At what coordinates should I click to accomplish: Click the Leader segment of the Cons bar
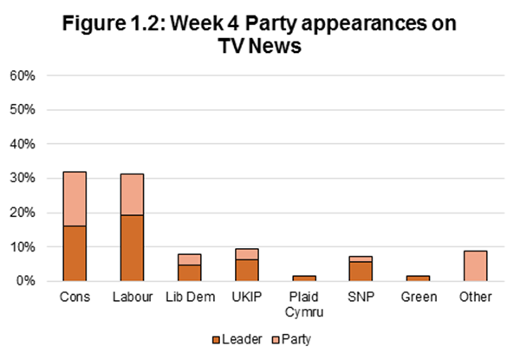75,253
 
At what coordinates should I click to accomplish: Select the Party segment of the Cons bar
75,199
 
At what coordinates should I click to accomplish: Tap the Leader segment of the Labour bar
132,248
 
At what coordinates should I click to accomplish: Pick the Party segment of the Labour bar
132,194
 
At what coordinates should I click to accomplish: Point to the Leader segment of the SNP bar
361,272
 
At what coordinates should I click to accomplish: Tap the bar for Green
418,278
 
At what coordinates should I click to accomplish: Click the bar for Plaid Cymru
303,278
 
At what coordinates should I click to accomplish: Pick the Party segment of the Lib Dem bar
189,259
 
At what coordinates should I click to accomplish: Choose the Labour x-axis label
132,297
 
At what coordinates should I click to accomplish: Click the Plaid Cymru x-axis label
303,304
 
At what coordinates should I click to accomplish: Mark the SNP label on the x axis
361,297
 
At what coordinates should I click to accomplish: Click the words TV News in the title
259,49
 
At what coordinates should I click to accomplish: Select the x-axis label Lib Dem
189,297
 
